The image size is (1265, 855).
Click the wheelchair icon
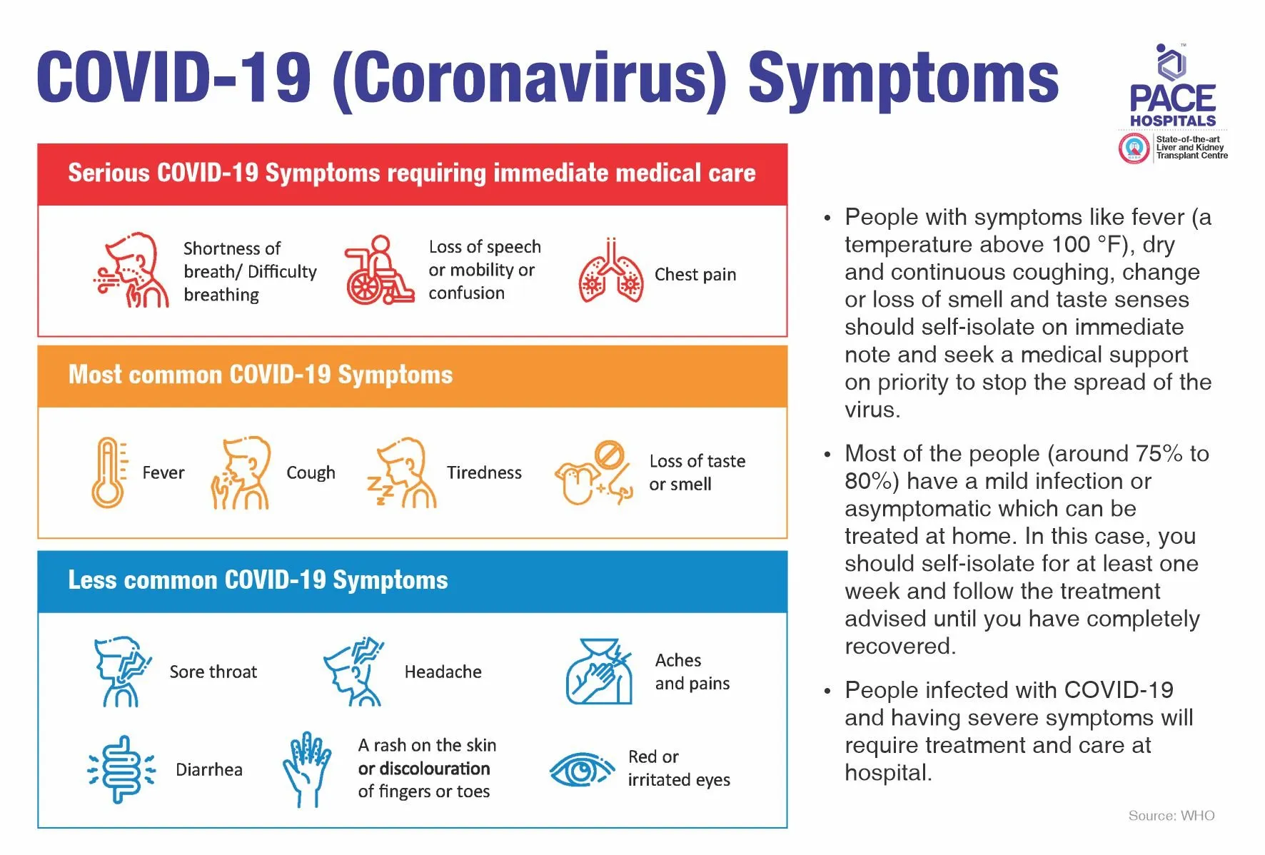[378, 270]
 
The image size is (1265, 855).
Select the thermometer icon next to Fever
[108, 472]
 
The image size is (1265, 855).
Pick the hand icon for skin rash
[307, 769]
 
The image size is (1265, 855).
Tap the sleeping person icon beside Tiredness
[403, 472]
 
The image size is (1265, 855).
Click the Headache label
[443, 672]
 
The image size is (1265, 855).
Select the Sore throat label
[213, 672]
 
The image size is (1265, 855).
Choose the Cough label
[311, 472]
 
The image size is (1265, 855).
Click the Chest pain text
[695, 275]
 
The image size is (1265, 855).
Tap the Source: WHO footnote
[1171, 815]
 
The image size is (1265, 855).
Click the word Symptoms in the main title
[903, 79]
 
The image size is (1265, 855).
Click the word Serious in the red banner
[108, 173]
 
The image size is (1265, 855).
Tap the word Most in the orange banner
[95, 375]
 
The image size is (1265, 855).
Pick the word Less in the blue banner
[92, 580]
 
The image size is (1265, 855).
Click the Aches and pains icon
[600, 672]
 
